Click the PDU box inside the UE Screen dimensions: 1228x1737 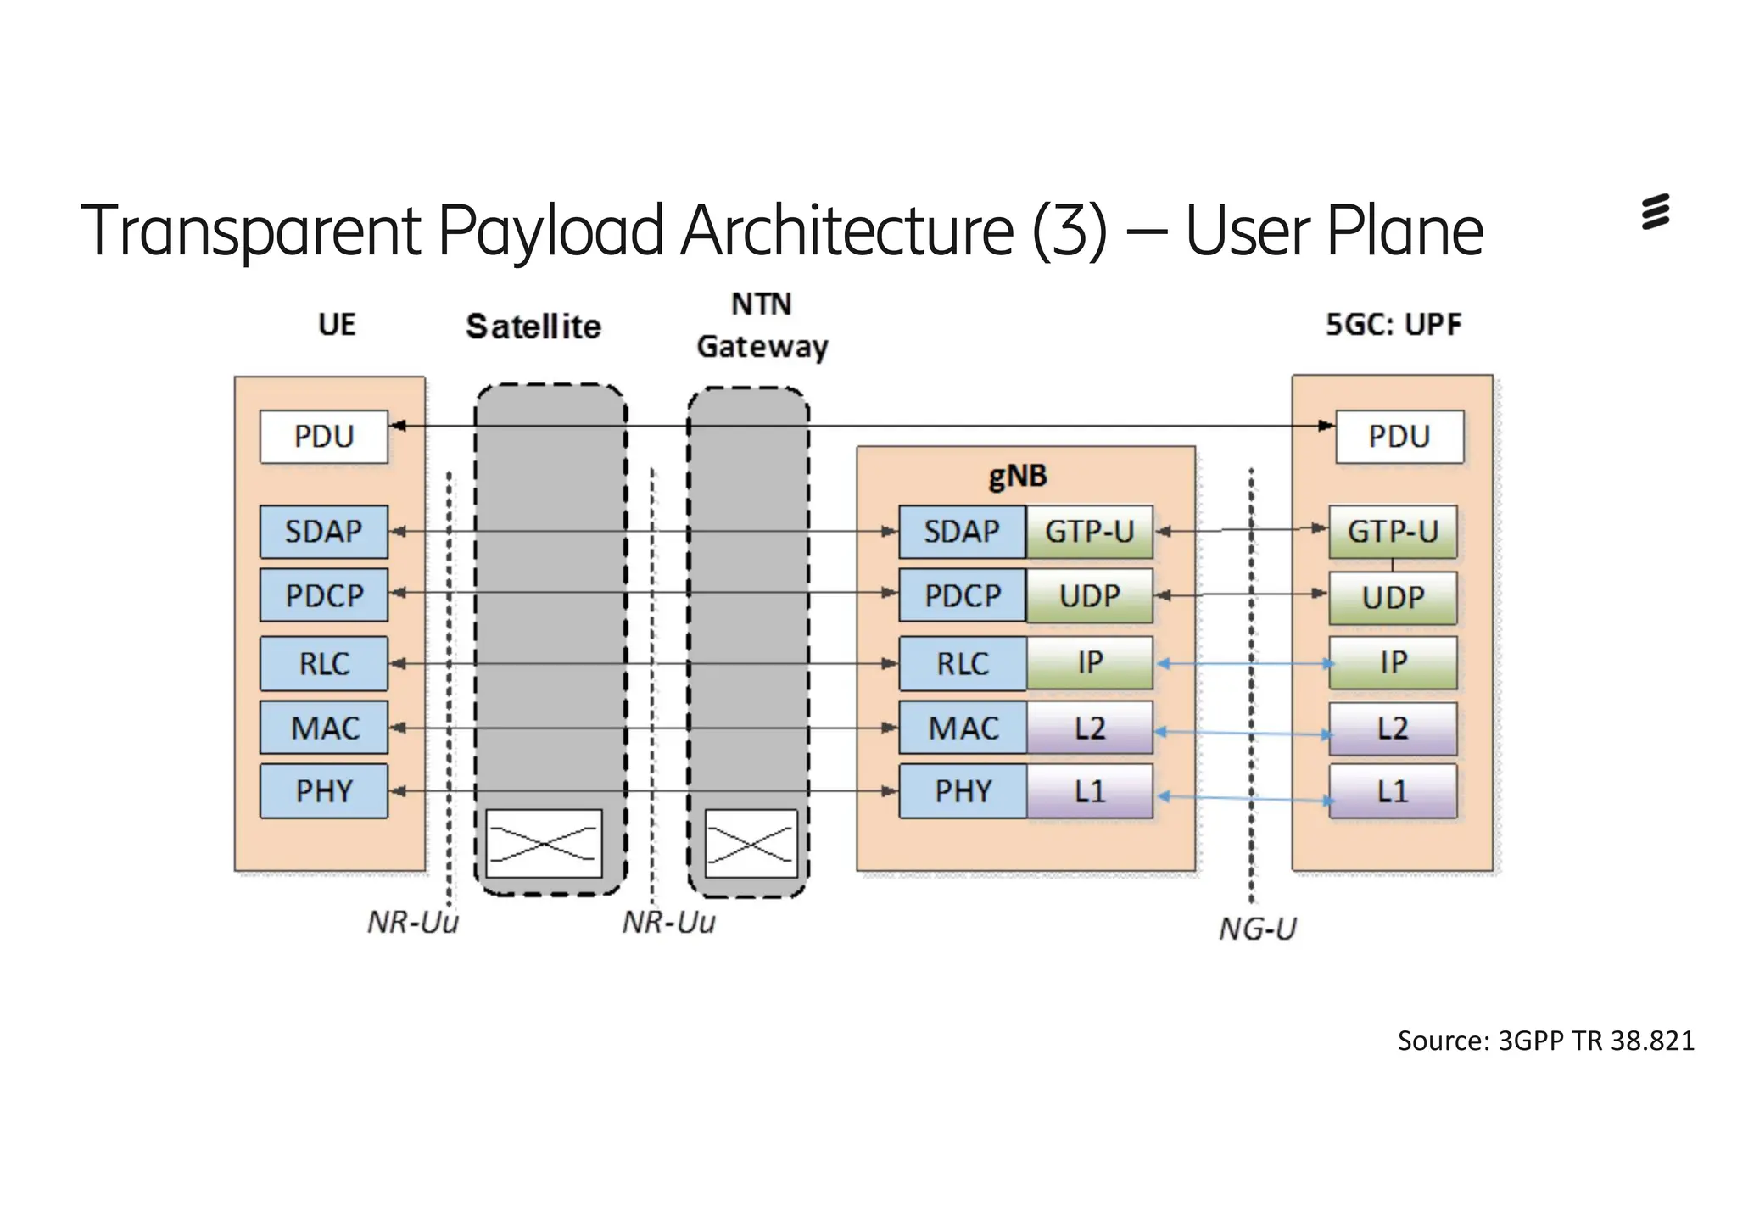click(323, 437)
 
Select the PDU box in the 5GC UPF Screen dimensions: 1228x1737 click(1399, 437)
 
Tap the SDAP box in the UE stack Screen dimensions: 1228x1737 click(323, 532)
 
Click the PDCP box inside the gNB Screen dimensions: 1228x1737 click(962, 595)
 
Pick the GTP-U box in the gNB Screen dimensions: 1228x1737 click(1089, 532)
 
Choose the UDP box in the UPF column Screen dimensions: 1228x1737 click(1393, 598)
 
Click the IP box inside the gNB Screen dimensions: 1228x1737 click(1090, 662)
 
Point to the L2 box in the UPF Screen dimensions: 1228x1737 click(1393, 728)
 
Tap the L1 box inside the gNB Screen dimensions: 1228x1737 click(1090, 791)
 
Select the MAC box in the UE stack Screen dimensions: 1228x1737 click(324, 728)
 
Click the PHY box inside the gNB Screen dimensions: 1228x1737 click(962, 791)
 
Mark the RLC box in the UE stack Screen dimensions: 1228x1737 click(323, 663)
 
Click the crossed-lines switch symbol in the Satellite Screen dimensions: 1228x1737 click(544, 844)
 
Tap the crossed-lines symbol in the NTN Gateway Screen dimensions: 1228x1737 click(751, 844)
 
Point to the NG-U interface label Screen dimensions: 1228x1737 click(1258, 929)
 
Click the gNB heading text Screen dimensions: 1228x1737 click(1018, 477)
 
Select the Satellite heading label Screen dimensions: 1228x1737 click(533, 327)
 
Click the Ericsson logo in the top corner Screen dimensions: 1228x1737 click(1655, 212)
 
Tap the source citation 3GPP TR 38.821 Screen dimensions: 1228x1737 click(1545, 1041)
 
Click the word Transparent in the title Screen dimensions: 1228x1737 click(250, 231)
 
